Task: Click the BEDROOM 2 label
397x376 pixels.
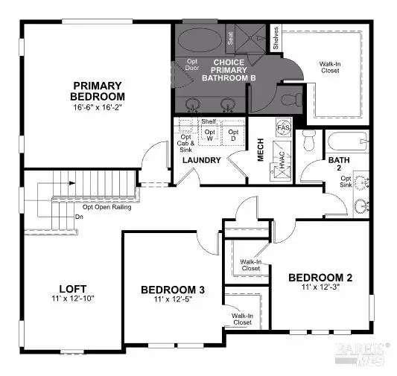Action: tap(320, 277)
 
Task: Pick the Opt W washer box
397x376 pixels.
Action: tap(210, 135)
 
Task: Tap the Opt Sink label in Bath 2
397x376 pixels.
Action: tap(346, 182)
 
